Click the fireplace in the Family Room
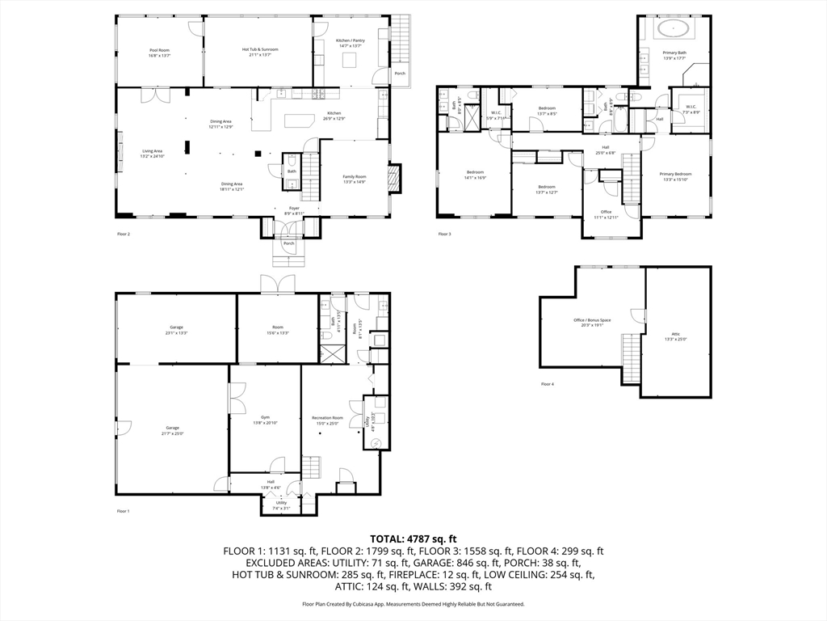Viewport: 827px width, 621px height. (x=394, y=178)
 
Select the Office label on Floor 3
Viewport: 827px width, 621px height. (x=606, y=214)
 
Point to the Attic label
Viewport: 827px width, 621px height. (x=675, y=336)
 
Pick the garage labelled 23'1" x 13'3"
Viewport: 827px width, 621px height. (x=176, y=329)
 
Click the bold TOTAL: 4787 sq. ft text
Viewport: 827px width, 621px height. (x=413, y=539)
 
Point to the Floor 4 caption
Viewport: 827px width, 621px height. (x=548, y=384)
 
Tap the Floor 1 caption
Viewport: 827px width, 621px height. (x=123, y=511)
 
